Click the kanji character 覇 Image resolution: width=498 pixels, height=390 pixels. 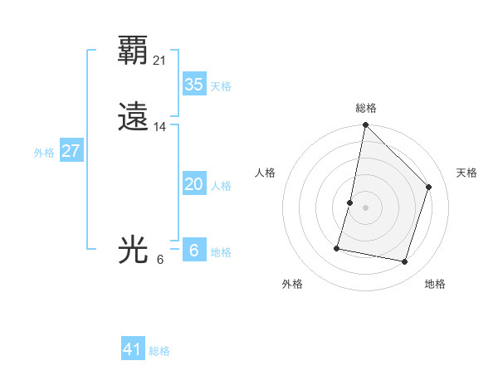point(134,51)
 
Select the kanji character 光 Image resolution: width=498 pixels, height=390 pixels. point(134,250)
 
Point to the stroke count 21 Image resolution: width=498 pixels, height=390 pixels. point(160,60)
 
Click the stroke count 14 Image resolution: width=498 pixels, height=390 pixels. point(160,127)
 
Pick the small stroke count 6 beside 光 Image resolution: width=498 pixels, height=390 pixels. point(160,259)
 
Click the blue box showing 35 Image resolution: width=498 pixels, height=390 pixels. point(193,85)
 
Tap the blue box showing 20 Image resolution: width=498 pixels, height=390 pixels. point(193,184)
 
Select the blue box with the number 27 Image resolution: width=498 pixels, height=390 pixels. point(71,151)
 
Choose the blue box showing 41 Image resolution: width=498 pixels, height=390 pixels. point(133,349)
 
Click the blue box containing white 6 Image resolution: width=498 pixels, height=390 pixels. point(193,250)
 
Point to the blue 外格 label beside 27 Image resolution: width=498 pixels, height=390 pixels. point(44,153)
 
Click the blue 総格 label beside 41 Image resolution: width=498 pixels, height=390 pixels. point(159,351)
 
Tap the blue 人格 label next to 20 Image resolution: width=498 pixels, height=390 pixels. point(220,186)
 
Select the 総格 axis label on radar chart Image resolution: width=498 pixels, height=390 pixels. point(365,108)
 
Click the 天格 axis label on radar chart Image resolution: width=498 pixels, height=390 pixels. point(466,173)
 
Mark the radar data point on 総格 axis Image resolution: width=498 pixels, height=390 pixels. point(365,125)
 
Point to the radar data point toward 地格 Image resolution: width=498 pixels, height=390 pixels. point(404,261)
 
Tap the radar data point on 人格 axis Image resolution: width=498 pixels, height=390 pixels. point(350,202)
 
